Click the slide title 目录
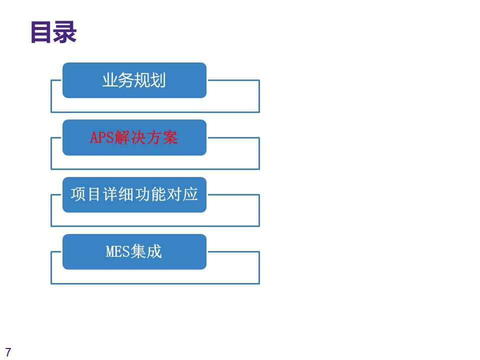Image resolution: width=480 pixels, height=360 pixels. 53,32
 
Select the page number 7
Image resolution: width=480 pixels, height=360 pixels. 8,352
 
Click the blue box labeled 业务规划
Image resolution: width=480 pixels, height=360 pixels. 134,80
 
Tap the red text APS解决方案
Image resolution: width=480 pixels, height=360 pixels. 134,137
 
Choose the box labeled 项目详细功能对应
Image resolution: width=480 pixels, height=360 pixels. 134,194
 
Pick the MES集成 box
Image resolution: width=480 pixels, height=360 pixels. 134,251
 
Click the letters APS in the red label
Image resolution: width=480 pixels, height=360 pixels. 102,137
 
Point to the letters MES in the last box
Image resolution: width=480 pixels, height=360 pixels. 118,251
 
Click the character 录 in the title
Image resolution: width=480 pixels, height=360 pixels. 64,32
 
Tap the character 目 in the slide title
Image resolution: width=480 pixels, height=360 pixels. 41,32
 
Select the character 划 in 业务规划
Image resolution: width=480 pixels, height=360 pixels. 158,80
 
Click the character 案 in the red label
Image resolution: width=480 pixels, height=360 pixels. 170,137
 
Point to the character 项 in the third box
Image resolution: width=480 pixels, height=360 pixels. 78,194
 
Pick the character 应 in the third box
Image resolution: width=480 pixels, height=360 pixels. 190,194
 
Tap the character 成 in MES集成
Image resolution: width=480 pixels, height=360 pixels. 154,251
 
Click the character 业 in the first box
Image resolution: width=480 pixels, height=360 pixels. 110,80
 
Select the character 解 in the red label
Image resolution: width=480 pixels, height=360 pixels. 122,137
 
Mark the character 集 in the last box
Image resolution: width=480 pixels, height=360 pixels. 138,251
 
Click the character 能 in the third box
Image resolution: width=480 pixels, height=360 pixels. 158,194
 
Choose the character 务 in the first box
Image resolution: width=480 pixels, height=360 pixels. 126,80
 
